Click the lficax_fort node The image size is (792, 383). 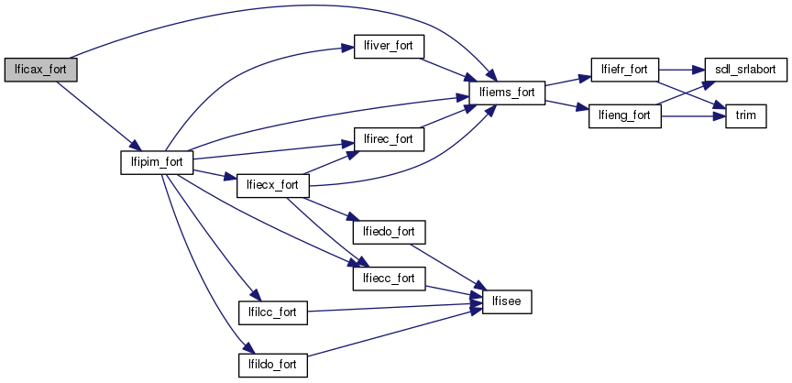click(x=40, y=70)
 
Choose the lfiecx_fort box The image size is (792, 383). click(x=271, y=185)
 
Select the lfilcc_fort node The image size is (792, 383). click(x=271, y=312)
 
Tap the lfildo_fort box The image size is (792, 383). click(x=271, y=365)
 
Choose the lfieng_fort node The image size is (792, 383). click(x=623, y=116)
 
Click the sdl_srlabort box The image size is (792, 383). click(x=739, y=70)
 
